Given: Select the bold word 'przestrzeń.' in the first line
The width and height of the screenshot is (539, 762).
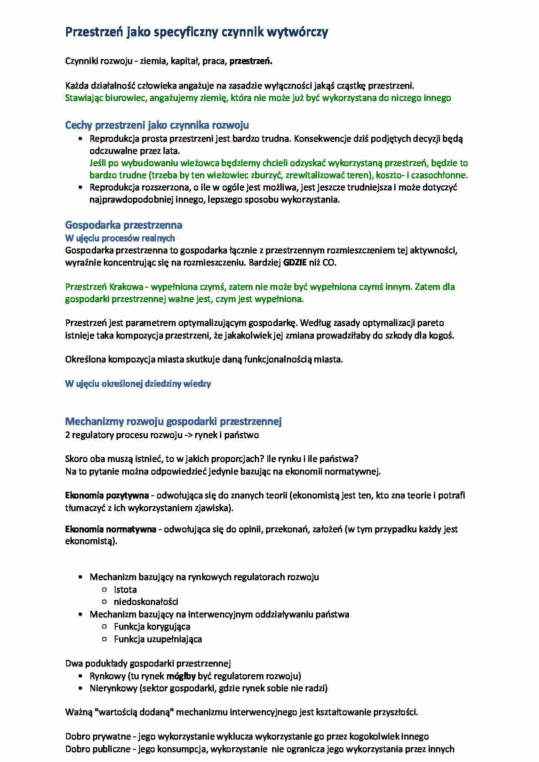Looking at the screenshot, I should (x=251, y=61).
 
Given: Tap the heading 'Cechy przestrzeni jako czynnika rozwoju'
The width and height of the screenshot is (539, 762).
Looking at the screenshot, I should (x=157, y=126).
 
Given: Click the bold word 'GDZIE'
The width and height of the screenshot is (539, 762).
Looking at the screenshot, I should (x=295, y=262).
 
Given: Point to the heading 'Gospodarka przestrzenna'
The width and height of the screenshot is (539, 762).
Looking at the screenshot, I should (x=123, y=225).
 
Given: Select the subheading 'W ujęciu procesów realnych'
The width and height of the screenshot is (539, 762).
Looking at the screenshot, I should (x=120, y=238).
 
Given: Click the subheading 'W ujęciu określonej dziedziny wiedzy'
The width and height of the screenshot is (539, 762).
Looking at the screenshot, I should (x=138, y=384).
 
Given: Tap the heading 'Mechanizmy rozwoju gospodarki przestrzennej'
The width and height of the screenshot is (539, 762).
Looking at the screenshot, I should (x=173, y=421).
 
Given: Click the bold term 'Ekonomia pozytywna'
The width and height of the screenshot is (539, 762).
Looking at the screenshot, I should (x=107, y=495).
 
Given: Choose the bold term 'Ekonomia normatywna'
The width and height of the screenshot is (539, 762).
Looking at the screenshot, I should (x=110, y=529).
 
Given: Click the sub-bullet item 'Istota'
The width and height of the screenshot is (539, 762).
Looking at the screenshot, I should (x=125, y=590).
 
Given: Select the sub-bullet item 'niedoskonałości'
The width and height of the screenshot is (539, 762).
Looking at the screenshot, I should (x=146, y=602).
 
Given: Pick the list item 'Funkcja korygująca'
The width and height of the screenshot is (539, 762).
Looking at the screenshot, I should (x=152, y=626).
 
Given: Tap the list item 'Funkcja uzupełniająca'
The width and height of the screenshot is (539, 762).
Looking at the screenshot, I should (x=158, y=639).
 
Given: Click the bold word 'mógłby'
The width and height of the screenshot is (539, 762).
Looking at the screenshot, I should (x=181, y=676).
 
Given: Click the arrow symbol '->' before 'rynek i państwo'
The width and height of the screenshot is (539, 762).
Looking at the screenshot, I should (x=189, y=435).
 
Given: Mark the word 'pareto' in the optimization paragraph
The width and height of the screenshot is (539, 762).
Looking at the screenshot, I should (x=430, y=323).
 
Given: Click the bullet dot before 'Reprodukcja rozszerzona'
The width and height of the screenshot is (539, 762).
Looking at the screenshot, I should (x=80, y=187).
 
